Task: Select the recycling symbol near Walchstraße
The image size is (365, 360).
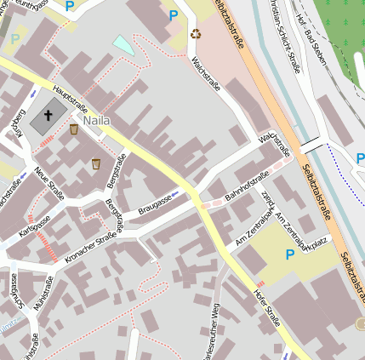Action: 197,34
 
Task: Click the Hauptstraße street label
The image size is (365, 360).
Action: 70,98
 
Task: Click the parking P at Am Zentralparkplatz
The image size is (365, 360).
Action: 289,254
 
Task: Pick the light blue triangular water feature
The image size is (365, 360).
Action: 124,45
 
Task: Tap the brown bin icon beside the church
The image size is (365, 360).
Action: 74,129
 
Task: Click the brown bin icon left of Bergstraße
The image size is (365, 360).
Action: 96,163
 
